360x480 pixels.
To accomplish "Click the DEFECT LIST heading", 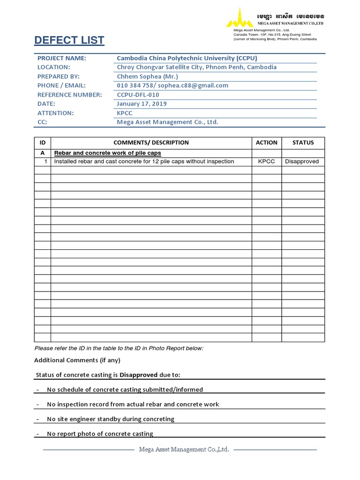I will point(69,41).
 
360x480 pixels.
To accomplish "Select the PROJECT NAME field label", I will point(61,58).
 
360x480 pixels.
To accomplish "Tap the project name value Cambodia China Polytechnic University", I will point(187,58).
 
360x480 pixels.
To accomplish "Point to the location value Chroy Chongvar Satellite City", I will point(196,67).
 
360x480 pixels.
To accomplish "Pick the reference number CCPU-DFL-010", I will point(138,95).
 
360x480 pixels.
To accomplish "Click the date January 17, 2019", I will point(142,104).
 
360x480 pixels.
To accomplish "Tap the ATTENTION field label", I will point(55,113).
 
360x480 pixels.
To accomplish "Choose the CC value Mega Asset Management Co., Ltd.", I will point(167,122).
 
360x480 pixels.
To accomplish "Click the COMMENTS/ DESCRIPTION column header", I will point(151,142).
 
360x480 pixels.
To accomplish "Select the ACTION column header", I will point(267,142).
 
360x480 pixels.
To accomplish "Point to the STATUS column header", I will point(303,142).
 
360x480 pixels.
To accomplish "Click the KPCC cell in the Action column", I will point(267,162).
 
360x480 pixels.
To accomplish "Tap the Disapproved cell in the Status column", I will point(302,162).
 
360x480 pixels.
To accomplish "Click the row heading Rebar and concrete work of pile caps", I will point(107,153).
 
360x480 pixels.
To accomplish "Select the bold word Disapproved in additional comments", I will point(139,375).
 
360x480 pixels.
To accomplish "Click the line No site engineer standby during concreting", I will point(111,419).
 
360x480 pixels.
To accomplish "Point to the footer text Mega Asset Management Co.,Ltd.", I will point(184,450).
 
